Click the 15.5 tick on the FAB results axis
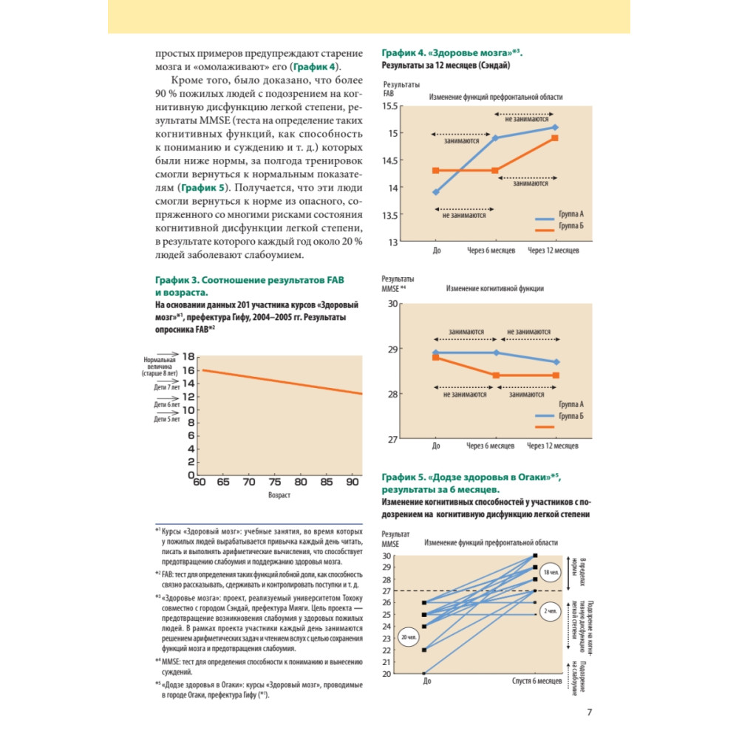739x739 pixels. point(390,106)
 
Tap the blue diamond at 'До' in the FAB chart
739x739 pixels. point(436,192)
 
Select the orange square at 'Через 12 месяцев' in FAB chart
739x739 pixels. point(554,138)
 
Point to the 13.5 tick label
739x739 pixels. point(390,215)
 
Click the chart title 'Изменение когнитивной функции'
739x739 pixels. point(494,288)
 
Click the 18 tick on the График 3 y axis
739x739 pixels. point(188,356)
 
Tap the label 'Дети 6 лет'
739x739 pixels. point(167,404)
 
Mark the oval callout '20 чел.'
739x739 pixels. point(407,636)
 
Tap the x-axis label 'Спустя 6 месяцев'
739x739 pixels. point(538,681)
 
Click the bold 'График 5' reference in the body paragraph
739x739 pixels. point(193,188)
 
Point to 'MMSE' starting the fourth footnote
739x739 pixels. point(172,661)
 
